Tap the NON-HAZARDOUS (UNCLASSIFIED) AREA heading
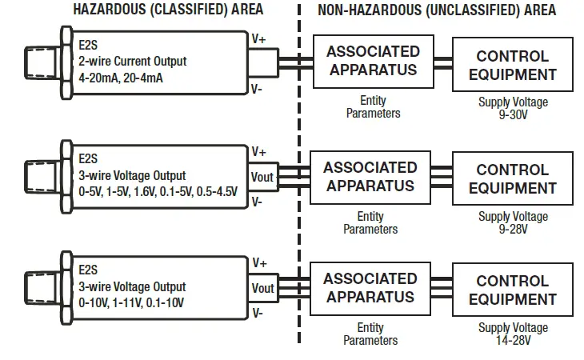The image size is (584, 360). [x=437, y=10]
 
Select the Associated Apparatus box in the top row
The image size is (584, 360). [x=372, y=61]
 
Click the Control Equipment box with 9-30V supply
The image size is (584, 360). [x=512, y=66]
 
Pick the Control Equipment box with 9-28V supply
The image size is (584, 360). [x=512, y=179]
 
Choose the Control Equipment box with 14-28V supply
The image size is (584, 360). [x=512, y=290]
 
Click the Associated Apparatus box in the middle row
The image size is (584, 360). [x=370, y=177]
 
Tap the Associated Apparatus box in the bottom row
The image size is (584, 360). [x=370, y=288]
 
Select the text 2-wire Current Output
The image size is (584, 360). [x=132, y=62]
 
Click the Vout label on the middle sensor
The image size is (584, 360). [x=262, y=177]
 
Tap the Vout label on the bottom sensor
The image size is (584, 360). [x=262, y=288]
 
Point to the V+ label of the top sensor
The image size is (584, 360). [x=259, y=38]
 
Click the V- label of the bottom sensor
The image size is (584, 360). [x=258, y=314]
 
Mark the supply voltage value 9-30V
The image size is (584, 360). [x=513, y=114]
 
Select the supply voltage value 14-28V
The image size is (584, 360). [x=513, y=340]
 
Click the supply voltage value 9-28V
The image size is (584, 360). [x=513, y=228]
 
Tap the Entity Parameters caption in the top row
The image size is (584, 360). [x=373, y=107]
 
